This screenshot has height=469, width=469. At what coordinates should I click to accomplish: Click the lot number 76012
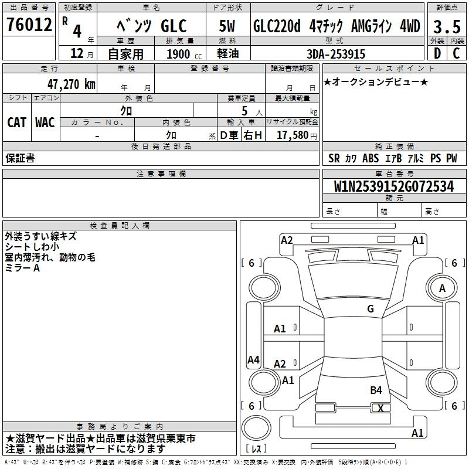(29, 25)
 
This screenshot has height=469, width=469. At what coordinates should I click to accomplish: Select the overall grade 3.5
(447, 27)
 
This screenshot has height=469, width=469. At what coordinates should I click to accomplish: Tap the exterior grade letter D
(437, 53)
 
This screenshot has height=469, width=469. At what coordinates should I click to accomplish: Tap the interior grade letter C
(456, 53)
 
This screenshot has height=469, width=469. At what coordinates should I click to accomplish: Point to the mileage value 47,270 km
(72, 84)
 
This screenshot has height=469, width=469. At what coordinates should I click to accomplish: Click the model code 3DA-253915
(336, 54)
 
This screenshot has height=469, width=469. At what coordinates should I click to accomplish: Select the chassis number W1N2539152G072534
(394, 186)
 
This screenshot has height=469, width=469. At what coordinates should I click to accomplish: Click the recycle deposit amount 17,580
(293, 135)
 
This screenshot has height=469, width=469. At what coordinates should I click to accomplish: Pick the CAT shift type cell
(17, 123)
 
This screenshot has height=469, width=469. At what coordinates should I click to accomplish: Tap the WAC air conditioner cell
(45, 123)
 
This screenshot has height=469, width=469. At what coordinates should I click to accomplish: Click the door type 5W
(227, 26)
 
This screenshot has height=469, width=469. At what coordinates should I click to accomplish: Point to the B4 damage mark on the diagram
(376, 390)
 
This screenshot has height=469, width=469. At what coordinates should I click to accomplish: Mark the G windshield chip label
(371, 309)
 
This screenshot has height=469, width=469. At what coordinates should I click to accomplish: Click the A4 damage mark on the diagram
(253, 359)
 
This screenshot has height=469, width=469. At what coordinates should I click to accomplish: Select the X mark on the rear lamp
(380, 408)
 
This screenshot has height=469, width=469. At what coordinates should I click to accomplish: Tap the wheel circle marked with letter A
(442, 288)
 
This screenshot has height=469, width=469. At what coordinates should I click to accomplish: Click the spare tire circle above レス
(256, 428)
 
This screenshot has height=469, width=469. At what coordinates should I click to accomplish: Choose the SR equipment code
(334, 158)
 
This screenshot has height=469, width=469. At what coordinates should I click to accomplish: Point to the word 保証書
(20, 158)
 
